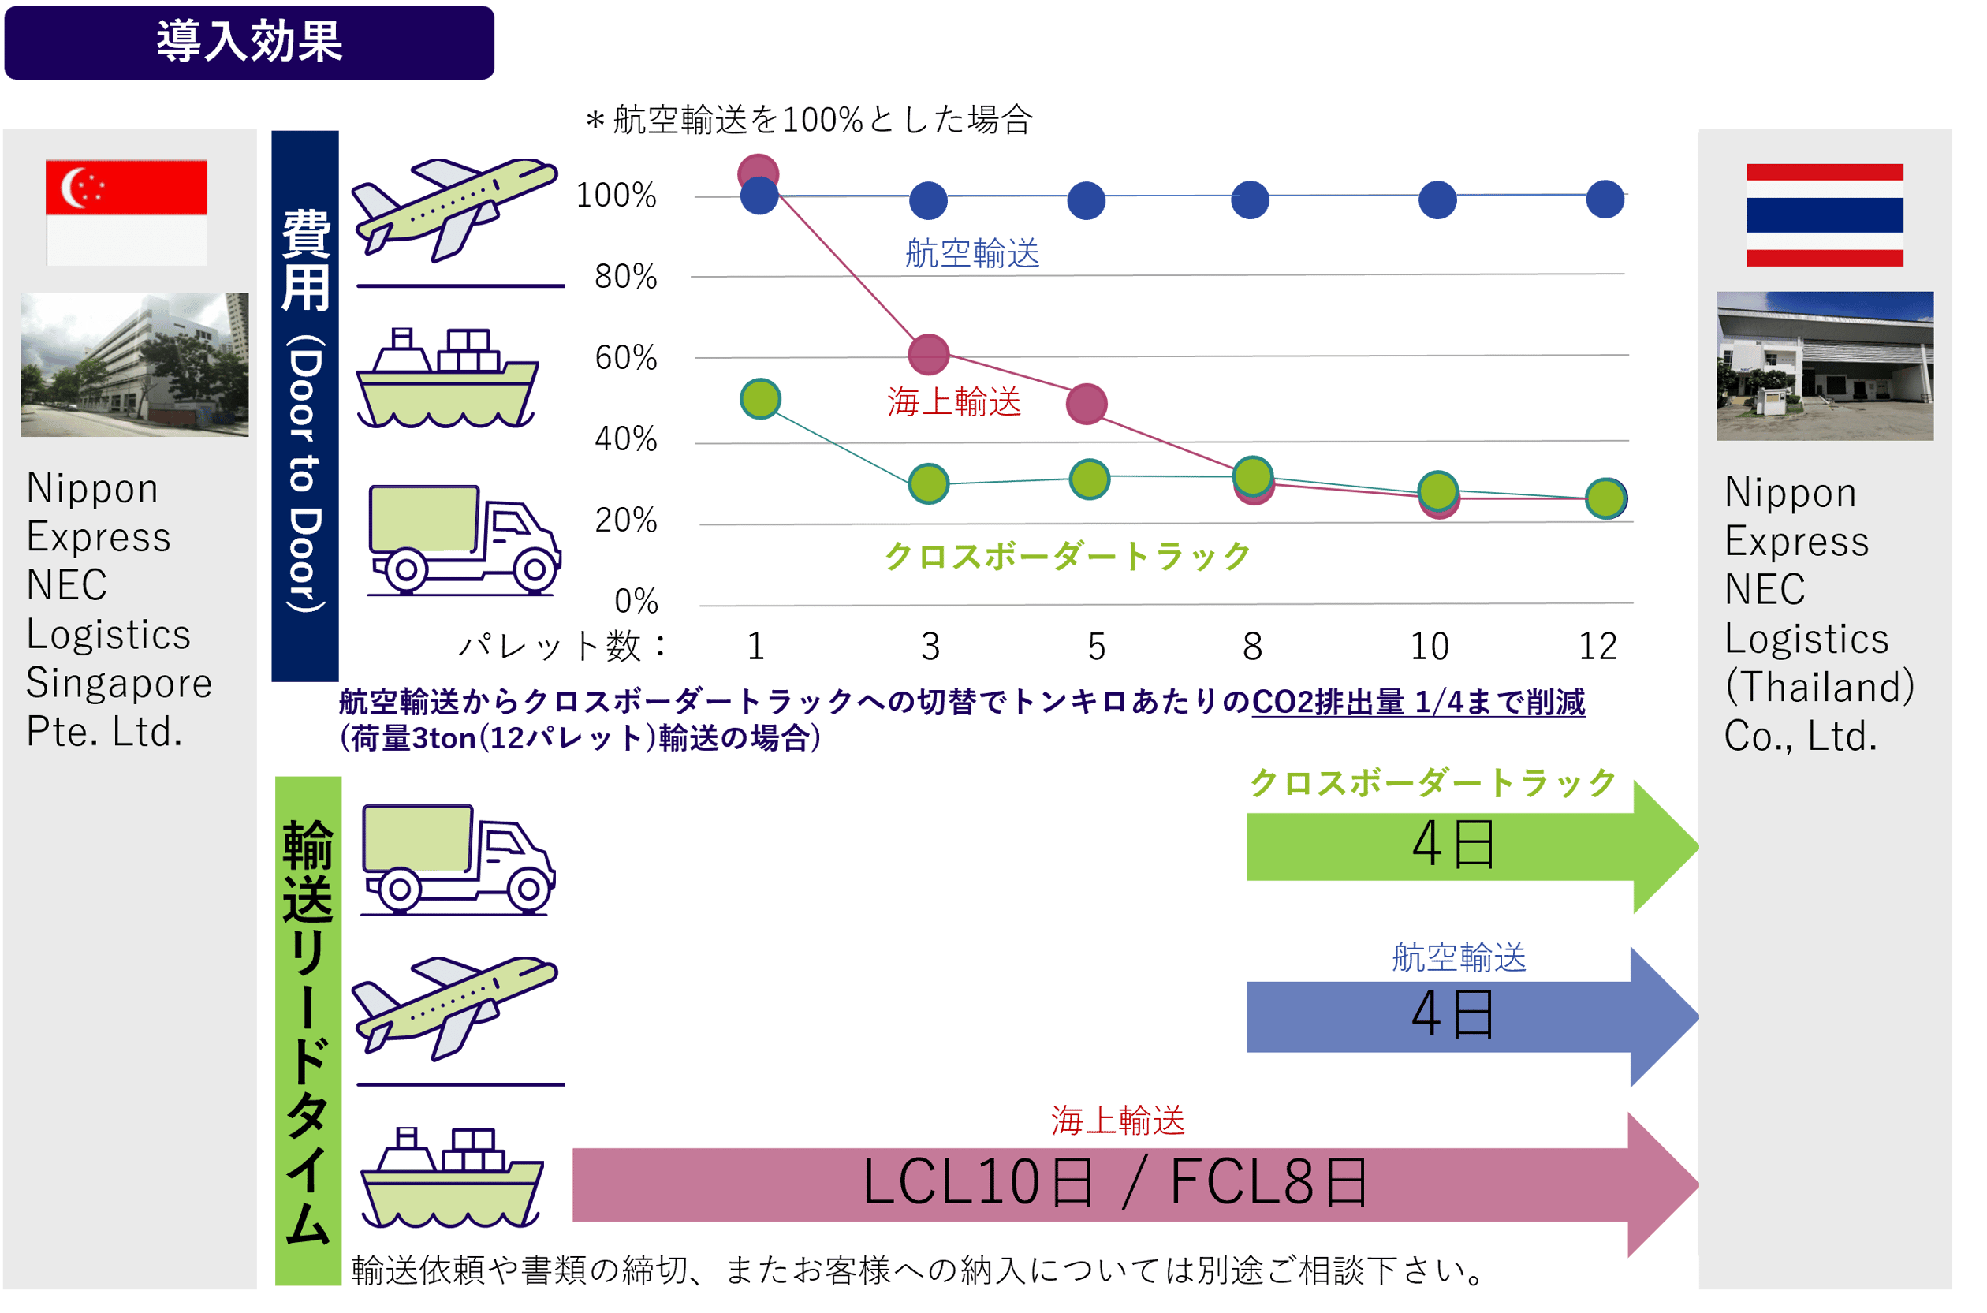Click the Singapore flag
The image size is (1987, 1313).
[x=126, y=212]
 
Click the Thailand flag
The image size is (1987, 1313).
[x=1825, y=214]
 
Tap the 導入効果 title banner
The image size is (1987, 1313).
[x=249, y=42]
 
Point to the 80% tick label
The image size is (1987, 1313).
[x=625, y=276]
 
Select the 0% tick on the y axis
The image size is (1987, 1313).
[x=636, y=600]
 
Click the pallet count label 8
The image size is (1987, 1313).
[x=1252, y=647]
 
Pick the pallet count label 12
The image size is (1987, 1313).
[x=1597, y=647]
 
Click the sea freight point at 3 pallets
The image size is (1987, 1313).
[x=929, y=354]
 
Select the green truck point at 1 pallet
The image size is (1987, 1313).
[x=760, y=398]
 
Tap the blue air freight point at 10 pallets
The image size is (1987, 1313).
[x=1437, y=200]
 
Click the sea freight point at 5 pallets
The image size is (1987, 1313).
[x=1086, y=404]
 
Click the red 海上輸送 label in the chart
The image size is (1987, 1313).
[x=954, y=402]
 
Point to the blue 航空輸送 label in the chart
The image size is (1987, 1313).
[x=972, y=253]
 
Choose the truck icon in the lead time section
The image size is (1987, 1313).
[x=457, y=858]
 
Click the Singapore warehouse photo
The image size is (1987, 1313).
[x=134, y=364]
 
